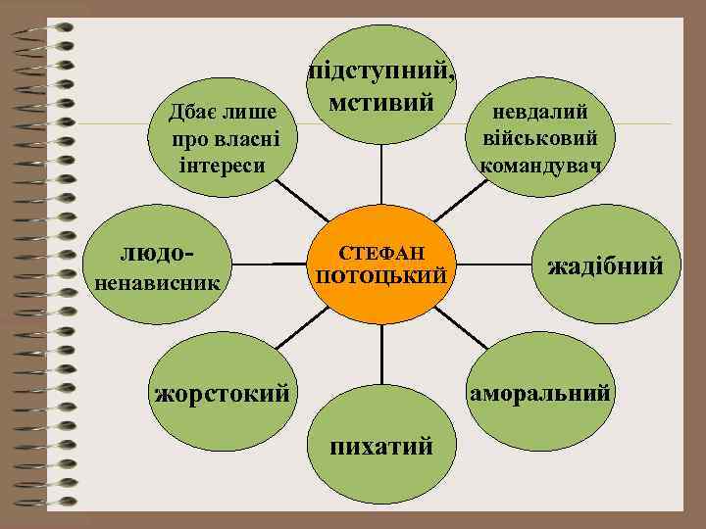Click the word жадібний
605,266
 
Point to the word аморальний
540,393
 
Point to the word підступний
380,72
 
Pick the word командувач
540,162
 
